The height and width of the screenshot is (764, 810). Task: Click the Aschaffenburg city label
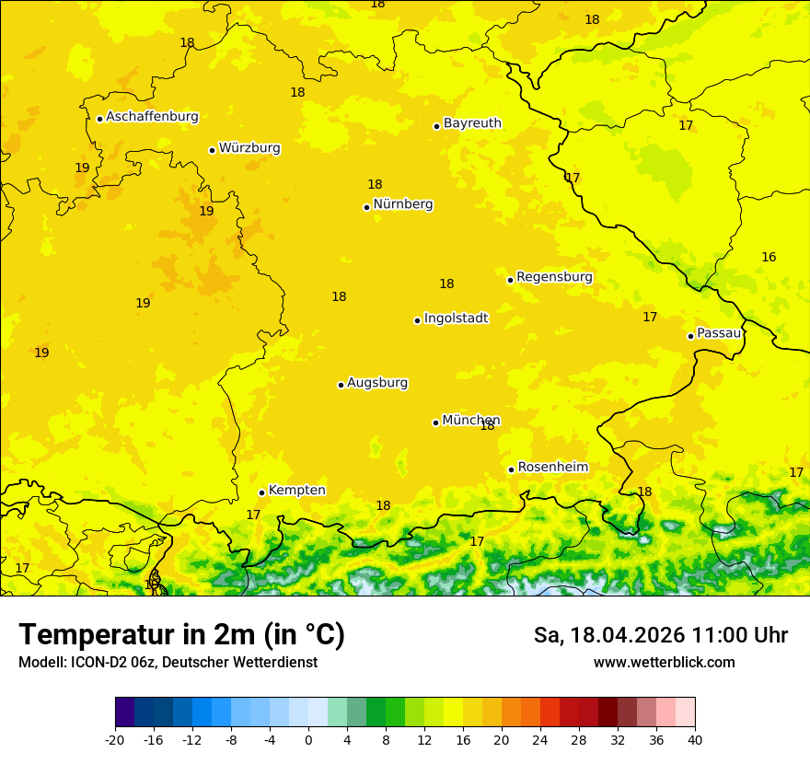[152, 117]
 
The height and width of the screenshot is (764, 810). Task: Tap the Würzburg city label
[249, 148]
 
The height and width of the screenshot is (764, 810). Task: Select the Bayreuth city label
[472, 123]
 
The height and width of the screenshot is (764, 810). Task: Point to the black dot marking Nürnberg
[366, 207]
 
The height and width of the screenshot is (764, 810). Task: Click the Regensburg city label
[554, 277]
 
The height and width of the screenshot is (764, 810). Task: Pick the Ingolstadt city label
[456, 318]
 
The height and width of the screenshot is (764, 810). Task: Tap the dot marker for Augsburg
[341, 385]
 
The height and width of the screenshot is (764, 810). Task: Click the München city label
[470, 421]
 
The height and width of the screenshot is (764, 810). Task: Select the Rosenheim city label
[552, 468]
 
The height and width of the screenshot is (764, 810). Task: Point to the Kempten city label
[296, 491]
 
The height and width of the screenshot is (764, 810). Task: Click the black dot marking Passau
[690, 336]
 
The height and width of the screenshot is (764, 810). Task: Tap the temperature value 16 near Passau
[769, 258]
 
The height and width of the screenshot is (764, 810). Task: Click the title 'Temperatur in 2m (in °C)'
[181, 635]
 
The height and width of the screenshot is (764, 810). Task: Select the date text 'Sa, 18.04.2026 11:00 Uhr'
[660, 635]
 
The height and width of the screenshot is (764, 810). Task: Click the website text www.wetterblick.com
[664, 663]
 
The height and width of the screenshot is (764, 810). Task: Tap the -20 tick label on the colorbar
[115, 740]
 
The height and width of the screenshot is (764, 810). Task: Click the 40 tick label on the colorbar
[695, 740]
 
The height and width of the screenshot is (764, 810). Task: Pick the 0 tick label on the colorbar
[308, 740]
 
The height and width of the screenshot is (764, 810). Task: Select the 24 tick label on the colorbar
[540, 740]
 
